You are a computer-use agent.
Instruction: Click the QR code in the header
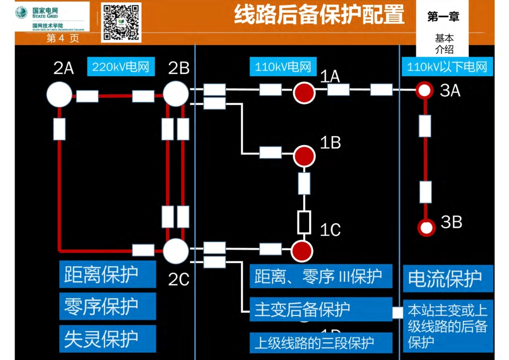click(121, 22)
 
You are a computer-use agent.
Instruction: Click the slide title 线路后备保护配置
click(319, 15)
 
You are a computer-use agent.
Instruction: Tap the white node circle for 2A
click(59, 95)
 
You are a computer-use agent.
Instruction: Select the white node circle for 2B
click(176, 94)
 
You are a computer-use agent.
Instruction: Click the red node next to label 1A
click(304, 92)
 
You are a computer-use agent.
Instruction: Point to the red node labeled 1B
click(304, 155)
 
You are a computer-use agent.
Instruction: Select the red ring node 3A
click(425, 90)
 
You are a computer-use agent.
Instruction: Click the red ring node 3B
click(426, 227)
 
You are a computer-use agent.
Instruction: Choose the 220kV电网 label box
click(120, 67)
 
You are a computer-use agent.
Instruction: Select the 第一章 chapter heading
click(443, 17)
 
